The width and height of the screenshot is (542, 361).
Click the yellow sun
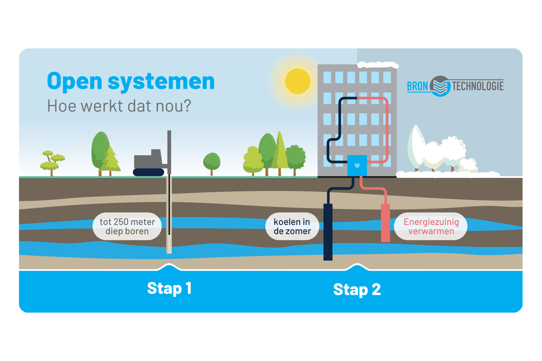pyautogui.click(x=298, y=81)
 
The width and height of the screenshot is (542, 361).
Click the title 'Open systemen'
pyautogui.click(x=131, y=81)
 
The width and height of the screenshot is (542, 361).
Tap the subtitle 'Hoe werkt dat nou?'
pyautogui.click(x=119, y=106)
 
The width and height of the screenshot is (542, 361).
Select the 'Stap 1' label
pyautogui.click(x=169, y=288)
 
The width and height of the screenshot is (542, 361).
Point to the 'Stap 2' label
pyautogui.click(x=357, y=289)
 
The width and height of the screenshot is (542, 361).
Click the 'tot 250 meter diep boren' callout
pyautogui.click(x=127, y=227)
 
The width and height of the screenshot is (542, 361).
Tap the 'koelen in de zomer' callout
pyautogui.click(x=292, y=227)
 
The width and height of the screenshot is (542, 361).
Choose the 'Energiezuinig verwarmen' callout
pyautogui.click(x=431, y=227)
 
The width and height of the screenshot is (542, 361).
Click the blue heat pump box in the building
pyautogui.click(x=357, y=166)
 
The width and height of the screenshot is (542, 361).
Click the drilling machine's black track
pyautogui.click(x=149, y=172)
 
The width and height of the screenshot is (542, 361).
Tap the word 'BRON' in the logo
pyautogui.click(x=417, y=86)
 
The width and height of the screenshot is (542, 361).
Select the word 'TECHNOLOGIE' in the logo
pyautogui.click(x=477, y=86)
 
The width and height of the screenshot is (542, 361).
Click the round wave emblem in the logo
pyautogui.click(x=439, y=86)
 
